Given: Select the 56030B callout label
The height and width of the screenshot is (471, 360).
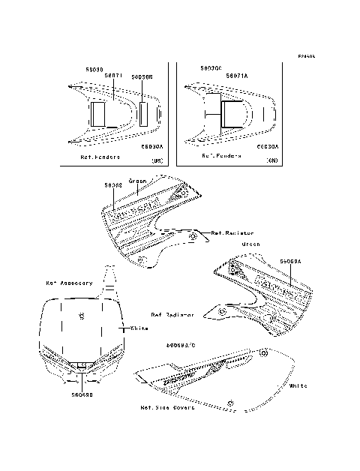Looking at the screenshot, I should tap(141, 76).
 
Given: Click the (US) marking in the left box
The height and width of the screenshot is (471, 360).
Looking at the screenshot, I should tap(157, 160).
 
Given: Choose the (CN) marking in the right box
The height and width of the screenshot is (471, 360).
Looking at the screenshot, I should tap(273, 160).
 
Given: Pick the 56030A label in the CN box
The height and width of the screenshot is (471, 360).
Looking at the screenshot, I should tap(268, 148).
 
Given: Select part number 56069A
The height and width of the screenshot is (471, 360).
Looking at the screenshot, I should tap(289, 262).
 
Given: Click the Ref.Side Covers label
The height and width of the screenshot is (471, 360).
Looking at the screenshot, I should tap(167, 408).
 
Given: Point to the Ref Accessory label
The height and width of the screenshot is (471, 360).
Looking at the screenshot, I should tap(69, 283).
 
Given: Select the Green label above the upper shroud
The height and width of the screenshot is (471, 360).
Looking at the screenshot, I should tap(137, 181).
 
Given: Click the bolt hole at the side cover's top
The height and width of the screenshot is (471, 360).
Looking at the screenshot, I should tap(265, 352).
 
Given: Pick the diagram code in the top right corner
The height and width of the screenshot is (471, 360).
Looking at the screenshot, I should tap(305, 55).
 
